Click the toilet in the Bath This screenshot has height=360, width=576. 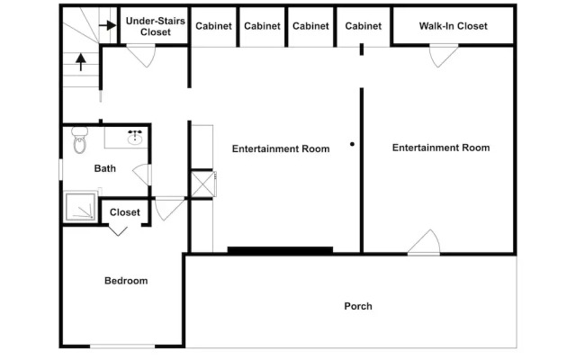(x=80, y=139)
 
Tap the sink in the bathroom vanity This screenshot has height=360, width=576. (x=135, y=139)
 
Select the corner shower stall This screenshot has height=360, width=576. (x=80, y=206)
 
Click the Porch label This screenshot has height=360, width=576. (x=358, y=306)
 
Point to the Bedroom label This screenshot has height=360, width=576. (x=126, y=281)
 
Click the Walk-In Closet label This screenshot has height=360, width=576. (x=454, y=26)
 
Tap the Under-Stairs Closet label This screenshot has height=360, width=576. (x=156, y=26)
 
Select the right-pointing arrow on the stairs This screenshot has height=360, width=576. (x=108, y=25)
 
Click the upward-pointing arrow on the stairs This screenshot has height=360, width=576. (x=81, y=62)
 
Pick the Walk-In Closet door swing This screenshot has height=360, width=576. (x=444, y=56)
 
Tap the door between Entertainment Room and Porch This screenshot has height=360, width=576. (x=424, y=242)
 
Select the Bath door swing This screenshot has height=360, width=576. (x=142, y=175)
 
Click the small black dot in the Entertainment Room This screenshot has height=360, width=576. (x=352, y=144)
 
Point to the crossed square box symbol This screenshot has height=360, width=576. (x=202, y=184)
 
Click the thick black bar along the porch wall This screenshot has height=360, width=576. (x=280, y=250)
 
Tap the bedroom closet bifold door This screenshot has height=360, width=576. (x=118, y=230)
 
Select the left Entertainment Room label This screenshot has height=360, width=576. (x=281, y=148)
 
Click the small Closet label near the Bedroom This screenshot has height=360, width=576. (x=125, y=212)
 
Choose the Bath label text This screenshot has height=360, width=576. (x=105, y=168)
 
